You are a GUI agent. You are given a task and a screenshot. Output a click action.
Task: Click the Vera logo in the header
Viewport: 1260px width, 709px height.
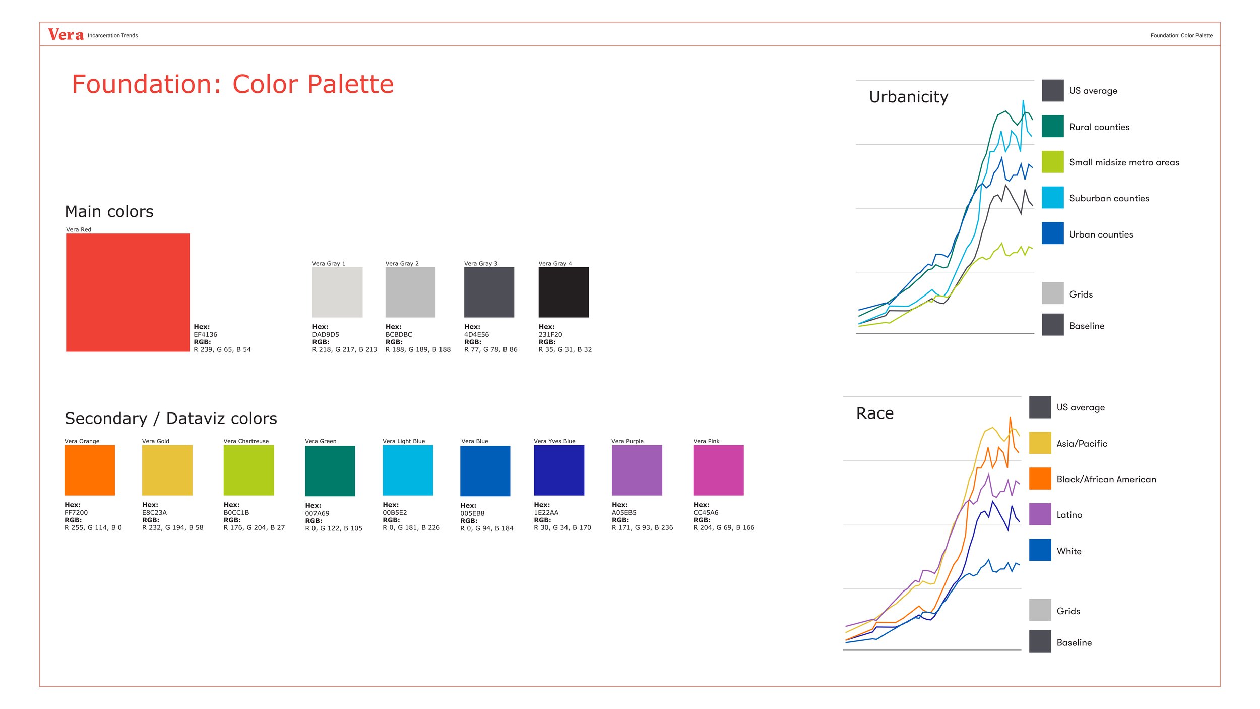coord(66,35)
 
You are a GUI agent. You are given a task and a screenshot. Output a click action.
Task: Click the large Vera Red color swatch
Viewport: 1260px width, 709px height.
coord(128,292)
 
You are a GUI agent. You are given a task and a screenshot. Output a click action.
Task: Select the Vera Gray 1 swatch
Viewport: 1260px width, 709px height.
coord(337,292)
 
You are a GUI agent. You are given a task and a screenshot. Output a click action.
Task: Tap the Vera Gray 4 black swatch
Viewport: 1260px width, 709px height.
coord(563,292)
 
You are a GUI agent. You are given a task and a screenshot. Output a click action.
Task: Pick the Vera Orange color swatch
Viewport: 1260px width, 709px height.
coord(90,470)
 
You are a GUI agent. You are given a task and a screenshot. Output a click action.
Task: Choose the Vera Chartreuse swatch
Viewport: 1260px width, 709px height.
coord(248,470)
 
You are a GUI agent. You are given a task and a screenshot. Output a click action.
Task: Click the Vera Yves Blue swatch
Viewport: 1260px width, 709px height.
coord(559,470)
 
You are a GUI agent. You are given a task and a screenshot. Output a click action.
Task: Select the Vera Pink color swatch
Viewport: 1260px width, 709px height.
coord(718,470)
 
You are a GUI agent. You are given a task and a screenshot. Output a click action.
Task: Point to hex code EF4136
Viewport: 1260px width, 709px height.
coord(206,334)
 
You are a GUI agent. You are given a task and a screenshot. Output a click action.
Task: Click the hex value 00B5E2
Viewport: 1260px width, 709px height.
coord(395,512)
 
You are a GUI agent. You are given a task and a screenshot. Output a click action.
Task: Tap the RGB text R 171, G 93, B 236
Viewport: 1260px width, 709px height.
coord(642,527)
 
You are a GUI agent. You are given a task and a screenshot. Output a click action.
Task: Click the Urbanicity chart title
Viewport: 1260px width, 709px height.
coord(908,97)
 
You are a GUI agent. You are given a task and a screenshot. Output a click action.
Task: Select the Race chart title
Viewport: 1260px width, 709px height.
coord(874,413)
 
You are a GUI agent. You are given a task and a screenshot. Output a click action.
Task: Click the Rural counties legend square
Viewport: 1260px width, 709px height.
coord(1052,126)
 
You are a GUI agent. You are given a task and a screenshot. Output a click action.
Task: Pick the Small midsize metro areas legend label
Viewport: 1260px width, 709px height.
coord(1124,162)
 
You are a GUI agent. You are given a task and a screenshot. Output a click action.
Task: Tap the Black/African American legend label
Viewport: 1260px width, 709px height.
coord(1106,479)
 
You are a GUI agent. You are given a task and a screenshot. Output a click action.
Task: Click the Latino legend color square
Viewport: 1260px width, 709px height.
coord(1040,514)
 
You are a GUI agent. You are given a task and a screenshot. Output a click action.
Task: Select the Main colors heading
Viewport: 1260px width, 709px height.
coord(109,211)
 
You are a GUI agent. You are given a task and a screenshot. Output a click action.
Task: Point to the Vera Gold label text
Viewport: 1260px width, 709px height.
coord(156,441)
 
